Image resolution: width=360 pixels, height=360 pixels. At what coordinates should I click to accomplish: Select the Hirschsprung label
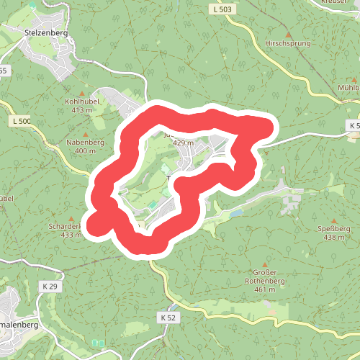click(x=288, y=43)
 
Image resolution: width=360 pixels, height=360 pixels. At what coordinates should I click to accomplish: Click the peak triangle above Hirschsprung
click(x=289, y=34)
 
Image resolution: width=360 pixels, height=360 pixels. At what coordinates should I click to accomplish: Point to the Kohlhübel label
click(x=82, y=102)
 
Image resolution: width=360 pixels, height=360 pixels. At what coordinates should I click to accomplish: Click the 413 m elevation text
click(x=82, y=110)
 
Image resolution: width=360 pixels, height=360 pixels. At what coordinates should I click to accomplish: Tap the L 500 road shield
click(x=22, y=121)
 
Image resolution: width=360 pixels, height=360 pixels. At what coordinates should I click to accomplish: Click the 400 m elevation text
click(x=85, y=151)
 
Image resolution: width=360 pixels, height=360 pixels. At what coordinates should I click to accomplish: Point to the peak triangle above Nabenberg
click(x=86, y=134)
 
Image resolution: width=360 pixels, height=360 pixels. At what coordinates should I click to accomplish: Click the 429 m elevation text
click(x=184, y=143)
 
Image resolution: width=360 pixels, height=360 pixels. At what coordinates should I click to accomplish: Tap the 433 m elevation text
click(x=71, y=235)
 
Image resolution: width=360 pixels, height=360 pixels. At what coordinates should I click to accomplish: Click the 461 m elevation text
click(x=265, y=289)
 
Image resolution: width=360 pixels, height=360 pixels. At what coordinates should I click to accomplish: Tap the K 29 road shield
click(x=50, y=287)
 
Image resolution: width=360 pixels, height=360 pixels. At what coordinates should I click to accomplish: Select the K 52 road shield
click(x=168, y=317)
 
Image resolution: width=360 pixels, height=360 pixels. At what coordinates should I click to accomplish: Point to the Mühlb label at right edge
click(x=348, y=87)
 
